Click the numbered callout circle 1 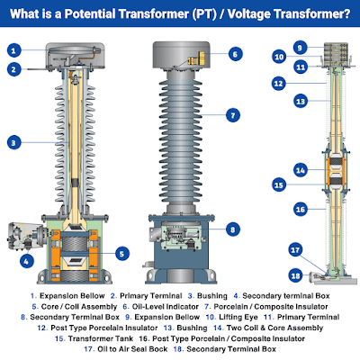[15, 51]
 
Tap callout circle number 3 [15, 141]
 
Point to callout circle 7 [232, 115]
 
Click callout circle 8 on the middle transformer [232, 229]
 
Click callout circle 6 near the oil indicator [232, 54]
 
